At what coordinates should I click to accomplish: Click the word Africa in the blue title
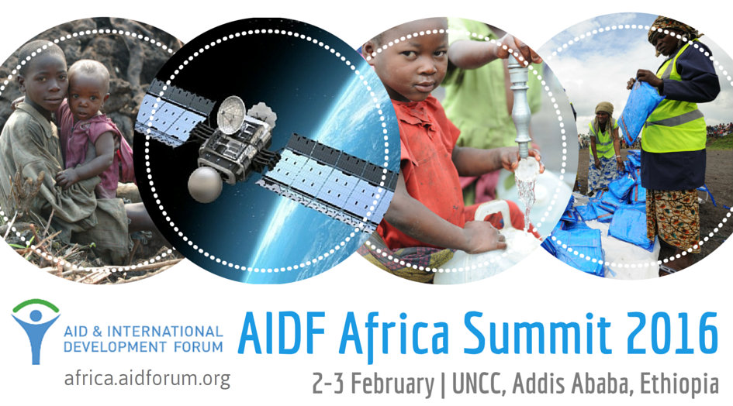pos(394,333)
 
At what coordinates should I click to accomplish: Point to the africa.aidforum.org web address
pos(147,377)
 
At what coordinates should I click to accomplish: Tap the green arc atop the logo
pos(36,305)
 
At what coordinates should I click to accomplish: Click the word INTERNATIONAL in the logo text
pos(165,332)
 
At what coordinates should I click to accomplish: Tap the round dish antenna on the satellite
pos(231,115)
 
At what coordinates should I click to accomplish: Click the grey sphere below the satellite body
pos(205,185)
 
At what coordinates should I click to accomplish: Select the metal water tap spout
pos(519,108)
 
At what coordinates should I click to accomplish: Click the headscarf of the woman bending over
pos(604,108)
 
